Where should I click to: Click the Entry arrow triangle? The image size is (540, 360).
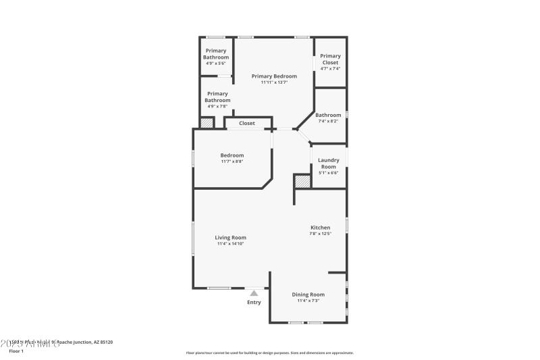click(x=254, y=293)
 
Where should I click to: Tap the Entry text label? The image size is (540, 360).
click(x=254, y=302)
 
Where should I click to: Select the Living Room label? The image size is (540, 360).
click(x=230, y=237)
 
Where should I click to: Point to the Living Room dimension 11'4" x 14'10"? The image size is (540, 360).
click(x=230, y=244)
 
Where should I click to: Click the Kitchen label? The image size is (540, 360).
click(x=320, y=228)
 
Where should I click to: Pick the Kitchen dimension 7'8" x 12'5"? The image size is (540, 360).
click(x=320, y=234)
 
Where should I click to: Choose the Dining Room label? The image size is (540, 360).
click(x=308, y=294)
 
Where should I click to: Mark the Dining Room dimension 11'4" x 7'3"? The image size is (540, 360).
click(x=308, y=301)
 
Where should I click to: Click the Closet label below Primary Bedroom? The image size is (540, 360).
click(x=247, y=123)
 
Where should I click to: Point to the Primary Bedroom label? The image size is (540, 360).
click(x=274, y=76)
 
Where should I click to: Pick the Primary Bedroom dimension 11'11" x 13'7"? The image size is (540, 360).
click(x=274, y=82)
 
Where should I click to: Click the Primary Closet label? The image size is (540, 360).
click(x=330, y=59)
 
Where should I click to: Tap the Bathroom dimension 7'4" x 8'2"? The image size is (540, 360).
click(x=328, y=121)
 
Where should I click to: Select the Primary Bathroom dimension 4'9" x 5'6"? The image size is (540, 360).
click(x=216, y=63)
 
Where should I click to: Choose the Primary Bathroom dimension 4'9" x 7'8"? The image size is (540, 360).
click(x=217, y=106)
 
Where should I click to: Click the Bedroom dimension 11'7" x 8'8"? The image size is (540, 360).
click(x=232, y=161)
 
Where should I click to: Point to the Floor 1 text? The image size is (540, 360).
click(x=16, y=351)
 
